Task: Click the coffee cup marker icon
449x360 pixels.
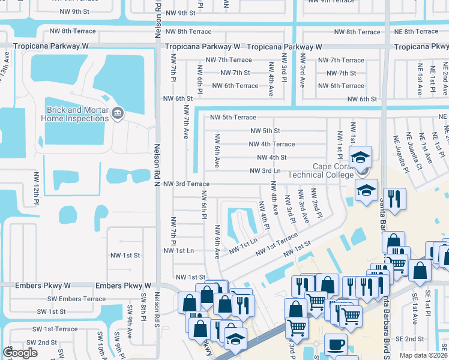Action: point(336,346)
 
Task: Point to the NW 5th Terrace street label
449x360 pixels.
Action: point(232,118)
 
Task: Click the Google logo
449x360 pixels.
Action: point(20,353)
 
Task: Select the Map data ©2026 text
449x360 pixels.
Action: point(423,355)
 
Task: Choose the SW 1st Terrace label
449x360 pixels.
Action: point(57,329)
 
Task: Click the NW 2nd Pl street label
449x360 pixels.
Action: point(315,203)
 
